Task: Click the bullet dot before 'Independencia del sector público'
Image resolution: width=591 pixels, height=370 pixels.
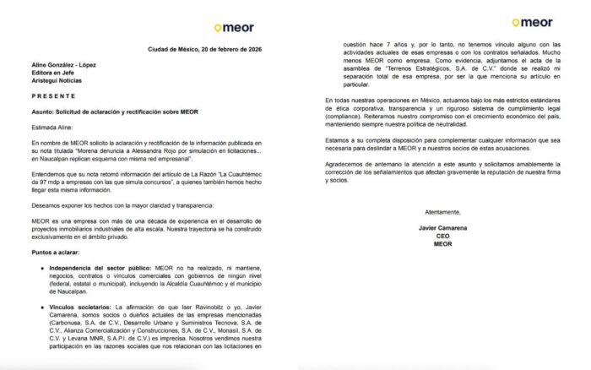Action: point(41,269)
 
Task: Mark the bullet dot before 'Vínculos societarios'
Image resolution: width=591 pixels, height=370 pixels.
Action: point(41,307)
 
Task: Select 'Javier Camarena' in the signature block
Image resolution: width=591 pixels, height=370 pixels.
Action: point(442,228)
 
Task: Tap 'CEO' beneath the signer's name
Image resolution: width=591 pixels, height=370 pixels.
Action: point(442,237)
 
